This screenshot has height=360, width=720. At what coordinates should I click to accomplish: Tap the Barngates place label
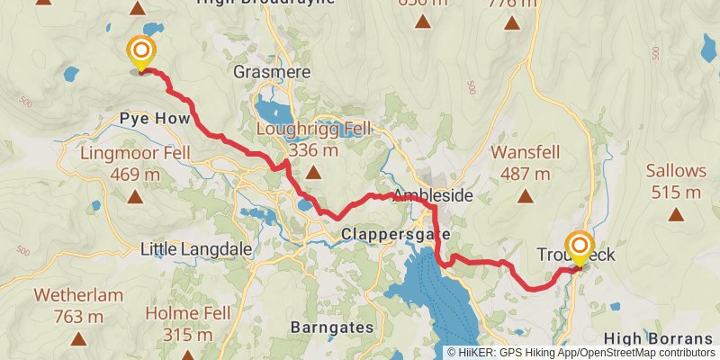(332, 328)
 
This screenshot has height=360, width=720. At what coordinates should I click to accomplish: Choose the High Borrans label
(658, 338)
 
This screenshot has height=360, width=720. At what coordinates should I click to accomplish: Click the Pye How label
(155, 119)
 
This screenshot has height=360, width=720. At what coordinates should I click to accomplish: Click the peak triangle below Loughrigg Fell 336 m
(313, 172)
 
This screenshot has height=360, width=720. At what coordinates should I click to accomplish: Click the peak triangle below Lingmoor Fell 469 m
(134, 195)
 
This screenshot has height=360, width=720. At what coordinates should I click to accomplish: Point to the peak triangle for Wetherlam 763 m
(78, 339)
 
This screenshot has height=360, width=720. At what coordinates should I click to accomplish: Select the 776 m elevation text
(511, 3)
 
